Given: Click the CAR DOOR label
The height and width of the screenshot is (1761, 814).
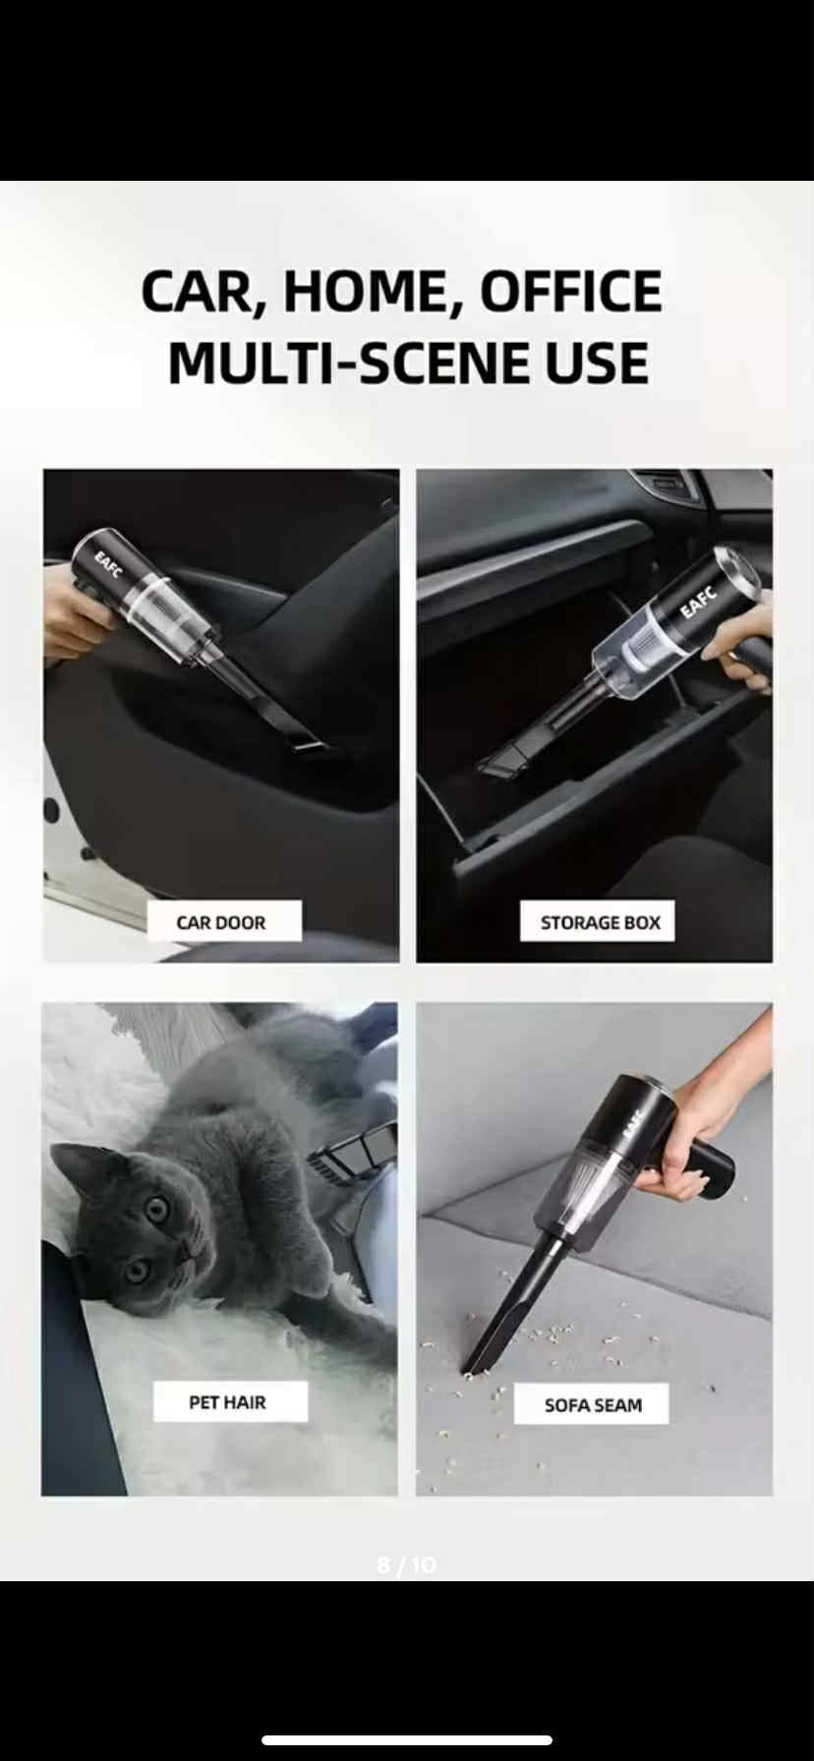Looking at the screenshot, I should point(221,922).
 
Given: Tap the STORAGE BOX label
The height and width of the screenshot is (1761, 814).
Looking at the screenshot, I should point(599,922).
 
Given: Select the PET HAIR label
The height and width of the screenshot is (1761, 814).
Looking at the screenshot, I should point(228,1401).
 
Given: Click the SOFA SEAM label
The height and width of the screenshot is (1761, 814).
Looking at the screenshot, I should point(593,1405).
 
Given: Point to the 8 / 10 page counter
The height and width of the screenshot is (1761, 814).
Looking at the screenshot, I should point(406,1564).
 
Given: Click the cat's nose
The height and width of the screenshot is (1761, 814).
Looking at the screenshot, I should point(186,1247).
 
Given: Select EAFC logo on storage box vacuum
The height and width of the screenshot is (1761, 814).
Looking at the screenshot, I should point(699,599).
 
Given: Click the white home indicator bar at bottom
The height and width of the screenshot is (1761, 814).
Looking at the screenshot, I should point(406,1739).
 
